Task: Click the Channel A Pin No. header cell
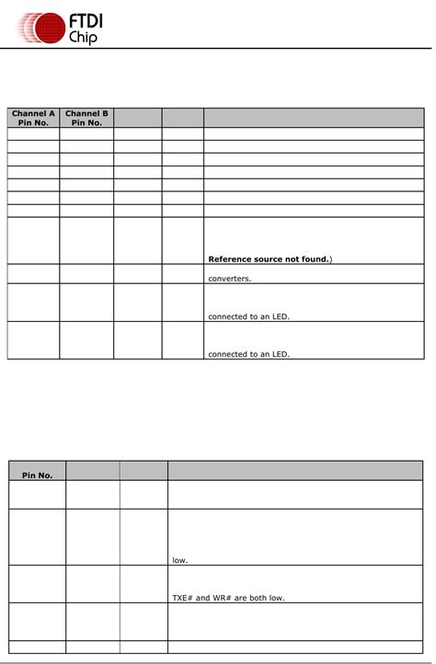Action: point(33,118)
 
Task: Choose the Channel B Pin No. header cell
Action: point(86,118)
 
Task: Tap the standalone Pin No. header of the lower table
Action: point(38,475)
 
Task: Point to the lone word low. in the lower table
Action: point(179,559)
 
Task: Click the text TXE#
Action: point(183,598)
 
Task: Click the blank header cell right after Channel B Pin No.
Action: point(138,118)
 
